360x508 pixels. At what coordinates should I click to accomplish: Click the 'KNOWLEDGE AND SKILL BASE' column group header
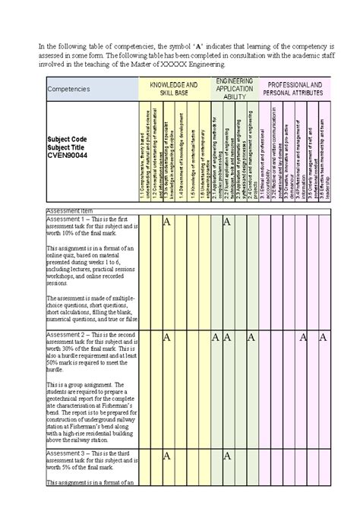tap(174, 88)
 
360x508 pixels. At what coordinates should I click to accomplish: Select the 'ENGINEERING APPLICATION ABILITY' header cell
tap(235, 88)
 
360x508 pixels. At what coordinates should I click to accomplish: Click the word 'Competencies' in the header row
tap(69, 89)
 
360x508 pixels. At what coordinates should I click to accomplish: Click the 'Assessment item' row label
tap(71, 210)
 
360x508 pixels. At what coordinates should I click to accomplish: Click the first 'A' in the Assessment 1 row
tap(166, 222)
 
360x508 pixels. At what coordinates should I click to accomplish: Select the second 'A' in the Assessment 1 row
tap(226, 222)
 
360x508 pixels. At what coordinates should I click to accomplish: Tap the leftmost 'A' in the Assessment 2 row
tap(166, 337)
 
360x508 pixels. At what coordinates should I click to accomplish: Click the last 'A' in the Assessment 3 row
tap(226, 456)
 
